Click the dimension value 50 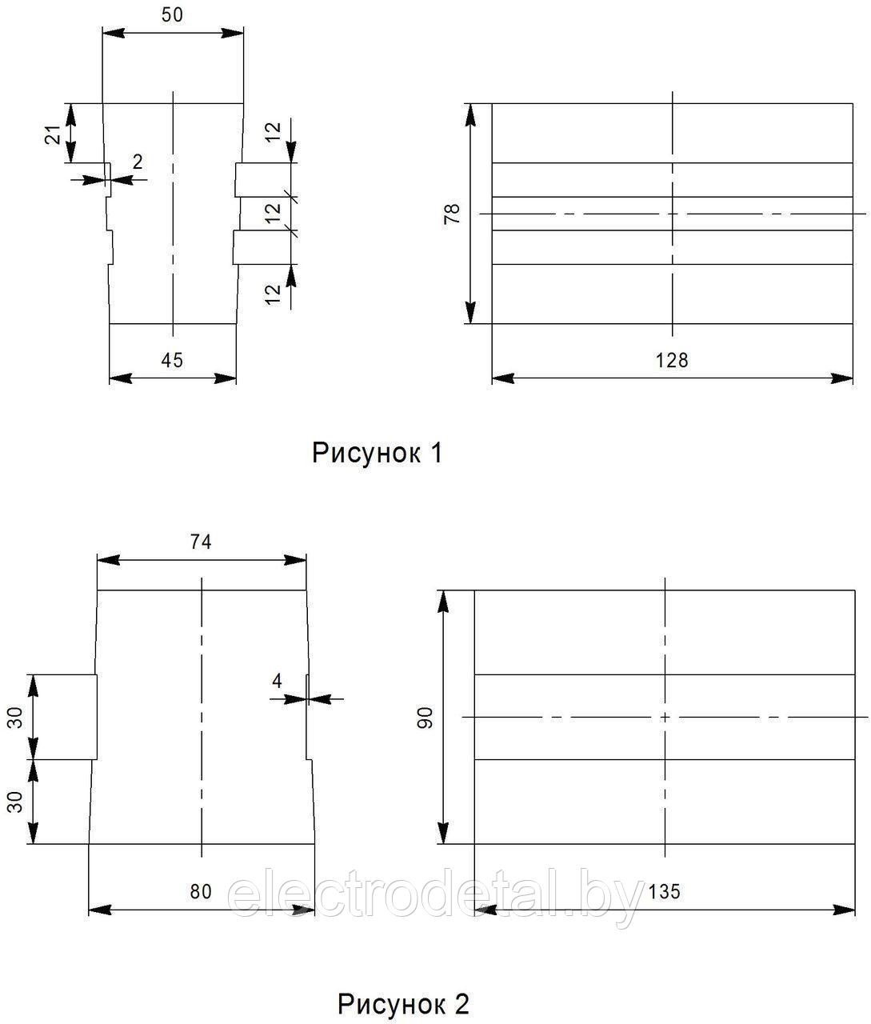coord(172,15)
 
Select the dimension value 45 coord(172,360)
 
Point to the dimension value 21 coord(54,134)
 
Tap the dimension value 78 coord(452,214)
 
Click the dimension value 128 coord(672,360)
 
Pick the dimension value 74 coord(201,542)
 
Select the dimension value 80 coord(201,892)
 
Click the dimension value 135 coord(664,892)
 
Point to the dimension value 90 coord(426,718)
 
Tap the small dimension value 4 coord(277,681)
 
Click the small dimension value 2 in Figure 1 coord(138,162)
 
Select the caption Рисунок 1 coord(378,453)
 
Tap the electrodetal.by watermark coord(436,897)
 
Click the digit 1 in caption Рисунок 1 coord(436,453)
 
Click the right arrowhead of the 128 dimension coord(841,378)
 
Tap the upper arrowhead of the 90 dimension coord(444,602)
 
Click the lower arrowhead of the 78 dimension coord(470,313)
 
